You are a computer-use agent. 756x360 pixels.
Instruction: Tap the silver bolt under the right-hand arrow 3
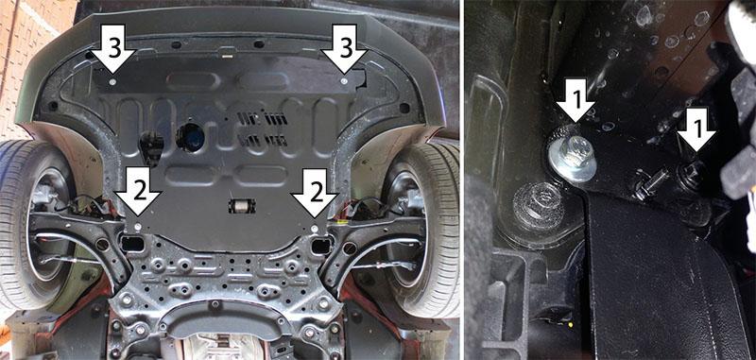coord(343,81)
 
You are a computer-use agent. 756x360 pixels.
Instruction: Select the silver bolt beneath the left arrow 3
coord(112,82)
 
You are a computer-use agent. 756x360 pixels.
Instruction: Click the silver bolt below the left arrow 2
coord(137,226)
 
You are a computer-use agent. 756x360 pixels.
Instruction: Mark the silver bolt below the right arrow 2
coord(315,227)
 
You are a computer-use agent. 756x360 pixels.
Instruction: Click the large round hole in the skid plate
coord(191,137)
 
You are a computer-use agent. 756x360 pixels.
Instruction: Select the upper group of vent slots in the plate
coord(263,118)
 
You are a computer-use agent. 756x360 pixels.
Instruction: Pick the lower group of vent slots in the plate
coord(263,140)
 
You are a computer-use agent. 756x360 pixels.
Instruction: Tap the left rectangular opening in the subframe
coord(132,245)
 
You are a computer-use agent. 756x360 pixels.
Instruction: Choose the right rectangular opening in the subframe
coord(321,246)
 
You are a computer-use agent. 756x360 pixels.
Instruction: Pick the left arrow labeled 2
coord(138,191)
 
